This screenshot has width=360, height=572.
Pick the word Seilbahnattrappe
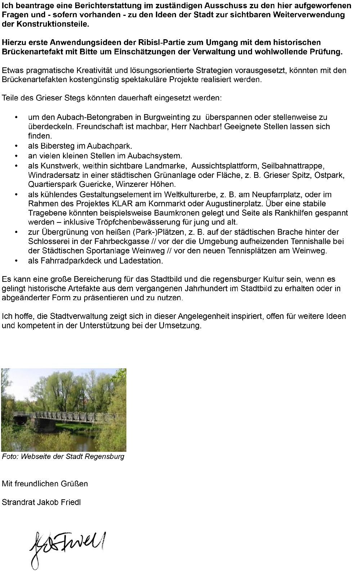tap(293, 166)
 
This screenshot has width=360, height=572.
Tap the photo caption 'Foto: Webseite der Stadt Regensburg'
tap(63, 456)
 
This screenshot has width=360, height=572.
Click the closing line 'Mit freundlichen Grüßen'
tap(45, 483)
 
